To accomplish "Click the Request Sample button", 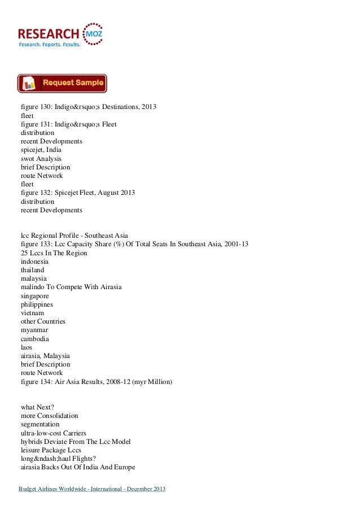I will (62, 83).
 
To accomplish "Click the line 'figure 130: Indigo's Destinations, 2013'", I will (89, 107).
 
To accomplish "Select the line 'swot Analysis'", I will (41, 159).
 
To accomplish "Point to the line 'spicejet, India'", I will (41, 150).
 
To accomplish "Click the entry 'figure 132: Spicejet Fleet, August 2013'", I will (78, 193).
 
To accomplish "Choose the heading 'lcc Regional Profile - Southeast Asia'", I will (75, 236).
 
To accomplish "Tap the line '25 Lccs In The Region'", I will (54, 253).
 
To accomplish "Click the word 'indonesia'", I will (34, 261).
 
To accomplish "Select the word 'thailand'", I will (33, 270).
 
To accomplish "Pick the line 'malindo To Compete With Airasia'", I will (71, 287).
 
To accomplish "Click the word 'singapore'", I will (34, 296).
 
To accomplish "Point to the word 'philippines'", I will (36, 304).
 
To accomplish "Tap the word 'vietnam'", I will (33, 313).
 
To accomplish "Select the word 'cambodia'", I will (35, 339).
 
